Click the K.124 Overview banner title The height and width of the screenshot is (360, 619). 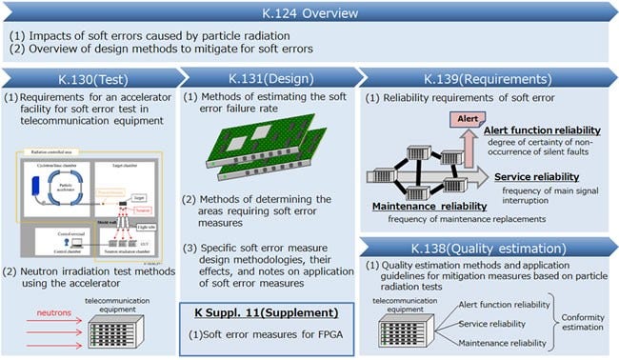tap(309, 13)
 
